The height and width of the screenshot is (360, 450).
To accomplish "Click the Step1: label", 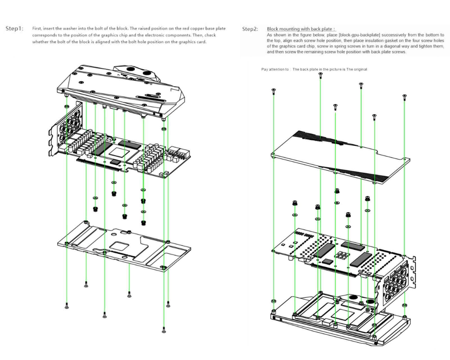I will tap(14, 29).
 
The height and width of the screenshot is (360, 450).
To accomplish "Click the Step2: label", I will tap(250, 29).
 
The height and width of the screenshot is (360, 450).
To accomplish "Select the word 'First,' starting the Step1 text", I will tap(37, 28).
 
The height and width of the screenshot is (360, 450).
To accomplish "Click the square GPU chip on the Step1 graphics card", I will tap(117, 153).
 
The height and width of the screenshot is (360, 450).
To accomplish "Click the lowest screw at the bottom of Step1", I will tap(164, 329).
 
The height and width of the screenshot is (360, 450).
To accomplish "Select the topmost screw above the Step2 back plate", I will tap(321, 75).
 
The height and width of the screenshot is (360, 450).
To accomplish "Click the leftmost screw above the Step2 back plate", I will tap(273, 91).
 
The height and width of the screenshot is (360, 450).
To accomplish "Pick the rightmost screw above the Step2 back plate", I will tap(404, 97).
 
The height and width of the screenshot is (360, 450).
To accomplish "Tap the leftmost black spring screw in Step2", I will tap(294, 203).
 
